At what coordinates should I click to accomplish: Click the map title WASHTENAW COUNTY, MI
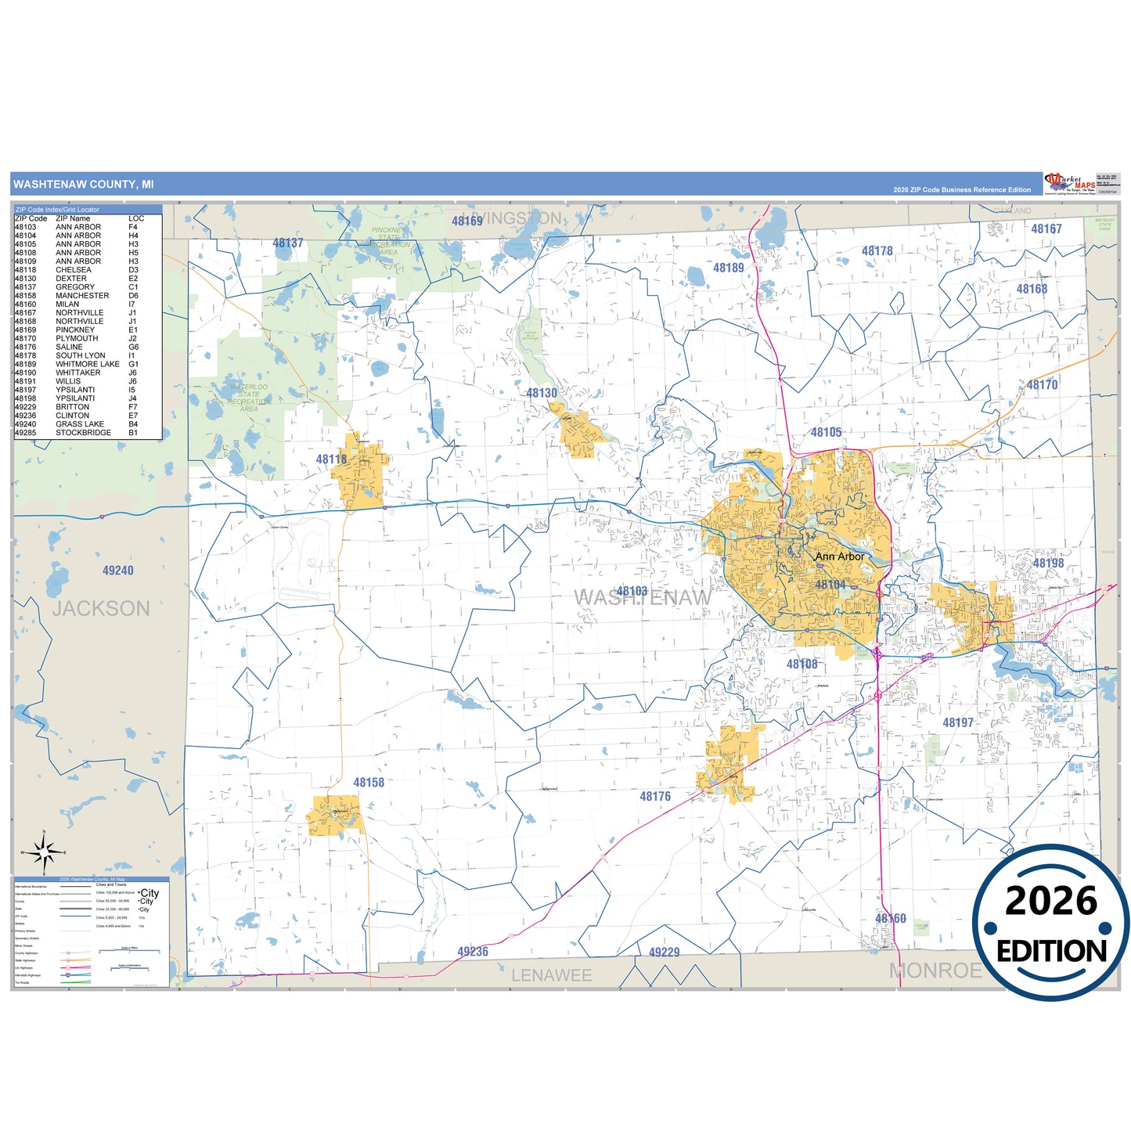tap(84, 185)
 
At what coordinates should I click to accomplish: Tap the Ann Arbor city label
tap(840, 556)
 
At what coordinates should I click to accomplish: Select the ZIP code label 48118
tap(331, 459)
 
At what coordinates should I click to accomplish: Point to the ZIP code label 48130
tap(542, 393)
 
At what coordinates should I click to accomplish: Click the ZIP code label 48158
tap(369, 782)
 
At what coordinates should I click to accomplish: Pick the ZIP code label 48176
tap(655, 796)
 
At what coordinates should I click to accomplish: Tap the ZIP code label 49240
tap(118, 571)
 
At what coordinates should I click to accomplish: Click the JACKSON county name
tap(101, 608)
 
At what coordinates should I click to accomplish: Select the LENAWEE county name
tap(551, 975)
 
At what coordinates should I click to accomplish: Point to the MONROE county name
tap(935, 971)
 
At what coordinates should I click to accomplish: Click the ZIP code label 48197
tap(958, 722)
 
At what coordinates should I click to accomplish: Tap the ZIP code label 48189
tap(729, 268)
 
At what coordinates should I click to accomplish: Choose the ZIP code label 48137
tap(288, 243)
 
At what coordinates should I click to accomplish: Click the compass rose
tap(45, 852)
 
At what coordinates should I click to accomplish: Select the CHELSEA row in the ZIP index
tap(74, 270)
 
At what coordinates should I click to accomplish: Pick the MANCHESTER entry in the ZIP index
tap(82, 296)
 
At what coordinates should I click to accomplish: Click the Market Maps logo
tap(1069, 183)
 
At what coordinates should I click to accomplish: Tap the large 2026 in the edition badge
tap(1051, 901)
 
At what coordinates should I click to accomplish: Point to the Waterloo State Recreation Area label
tap(249, 398)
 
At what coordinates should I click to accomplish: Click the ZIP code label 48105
tap(826, 432)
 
